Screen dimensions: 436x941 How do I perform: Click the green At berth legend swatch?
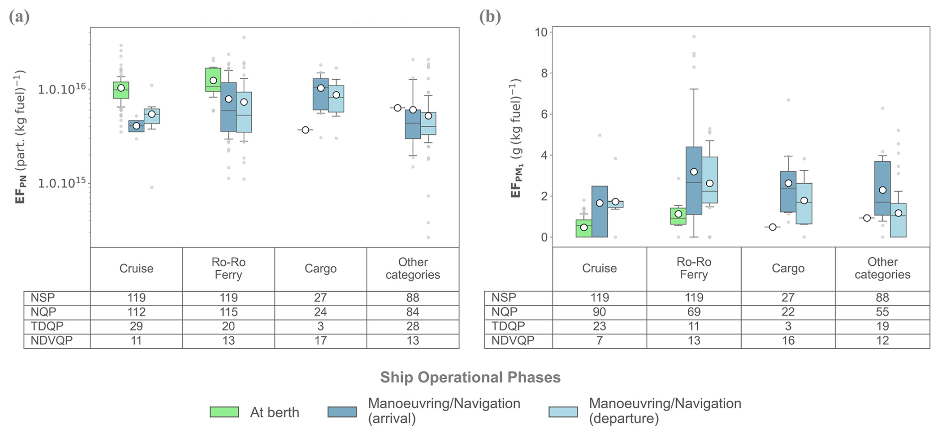click(224, 412)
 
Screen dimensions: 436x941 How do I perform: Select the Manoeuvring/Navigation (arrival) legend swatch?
click(342, 412)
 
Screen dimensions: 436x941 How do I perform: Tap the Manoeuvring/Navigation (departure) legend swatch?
click(563, 412)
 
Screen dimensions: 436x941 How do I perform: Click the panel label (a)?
click(19, 17)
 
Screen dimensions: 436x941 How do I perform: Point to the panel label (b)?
click(490, 17)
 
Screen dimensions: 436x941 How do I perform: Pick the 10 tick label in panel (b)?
click(540, 33)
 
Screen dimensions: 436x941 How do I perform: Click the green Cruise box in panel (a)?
click(121, 90)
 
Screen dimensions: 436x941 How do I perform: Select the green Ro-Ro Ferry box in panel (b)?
click(678, 216)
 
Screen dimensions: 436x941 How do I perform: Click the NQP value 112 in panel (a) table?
click(136, 312)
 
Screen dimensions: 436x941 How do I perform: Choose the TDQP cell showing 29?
click(136, 327)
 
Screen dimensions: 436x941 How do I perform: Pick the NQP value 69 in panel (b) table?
click(694, 312)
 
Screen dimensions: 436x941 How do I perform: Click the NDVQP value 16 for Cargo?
click(788, 341)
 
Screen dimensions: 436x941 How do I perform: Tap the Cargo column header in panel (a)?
click(320, 269)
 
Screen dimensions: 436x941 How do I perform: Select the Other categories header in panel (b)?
click(882, 268)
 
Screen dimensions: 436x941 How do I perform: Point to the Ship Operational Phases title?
click(470, 378)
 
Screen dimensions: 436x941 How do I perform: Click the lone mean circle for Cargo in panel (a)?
click(305, 130)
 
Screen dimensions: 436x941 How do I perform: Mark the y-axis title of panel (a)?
click(20, 137)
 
